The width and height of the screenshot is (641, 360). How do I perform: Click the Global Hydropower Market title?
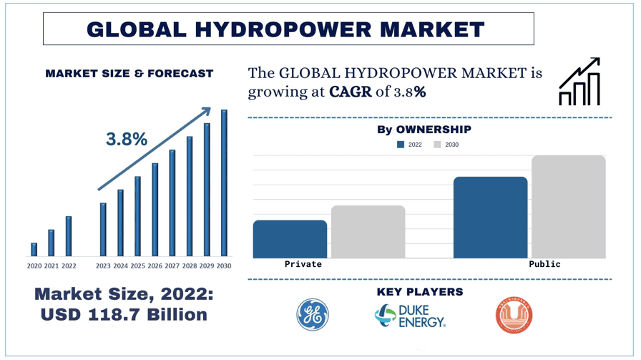(x=285, y=29)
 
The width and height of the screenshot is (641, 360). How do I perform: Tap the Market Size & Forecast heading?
(x=129, y=74)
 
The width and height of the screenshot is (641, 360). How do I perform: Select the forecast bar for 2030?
(x=224, y=183)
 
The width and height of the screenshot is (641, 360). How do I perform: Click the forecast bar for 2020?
(x=34, y=249)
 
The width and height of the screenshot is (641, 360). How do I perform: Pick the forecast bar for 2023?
(x=103, y=229)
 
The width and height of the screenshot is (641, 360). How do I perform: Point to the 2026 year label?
(x=155, y=266)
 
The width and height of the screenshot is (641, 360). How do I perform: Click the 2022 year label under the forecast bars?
(x=69, y=266)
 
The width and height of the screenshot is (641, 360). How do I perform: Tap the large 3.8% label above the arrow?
(x=127, y=140)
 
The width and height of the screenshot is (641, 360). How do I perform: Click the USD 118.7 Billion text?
(x=124, y=315)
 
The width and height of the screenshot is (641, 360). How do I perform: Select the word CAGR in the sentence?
(x=351, y=92)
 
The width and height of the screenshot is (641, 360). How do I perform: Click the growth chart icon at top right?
(x=579, y=82)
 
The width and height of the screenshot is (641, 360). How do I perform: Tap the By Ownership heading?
(x=424, y=130)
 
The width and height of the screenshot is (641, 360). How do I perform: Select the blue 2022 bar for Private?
(x=290, y=239)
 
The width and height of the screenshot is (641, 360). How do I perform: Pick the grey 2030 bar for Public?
(x=568, y=207)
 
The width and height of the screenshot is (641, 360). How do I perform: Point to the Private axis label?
(x=303, y=264)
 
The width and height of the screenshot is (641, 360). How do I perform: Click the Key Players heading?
(x=419, y=292)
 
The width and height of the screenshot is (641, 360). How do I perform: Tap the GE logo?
(x=313, y=315)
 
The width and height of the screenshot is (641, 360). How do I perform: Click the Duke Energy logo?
(x=410, y=316)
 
